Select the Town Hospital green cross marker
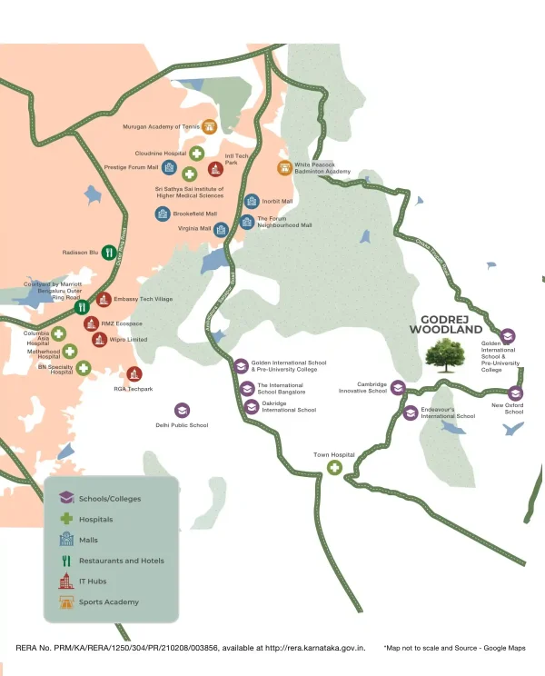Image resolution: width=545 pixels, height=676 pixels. (334, 468)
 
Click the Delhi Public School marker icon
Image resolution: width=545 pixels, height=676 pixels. (182, 411)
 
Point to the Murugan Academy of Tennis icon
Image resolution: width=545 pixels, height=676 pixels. (210, 127)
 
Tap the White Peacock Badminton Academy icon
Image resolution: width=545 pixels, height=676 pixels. (284, 167)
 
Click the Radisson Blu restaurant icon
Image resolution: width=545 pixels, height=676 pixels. (107, 252)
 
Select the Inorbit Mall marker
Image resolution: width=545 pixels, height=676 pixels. (251, 201)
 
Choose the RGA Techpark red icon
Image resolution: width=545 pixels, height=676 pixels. (134, 373)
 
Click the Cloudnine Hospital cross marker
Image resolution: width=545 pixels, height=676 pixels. (196, 154)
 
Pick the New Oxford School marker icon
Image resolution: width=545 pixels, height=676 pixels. (515, 393)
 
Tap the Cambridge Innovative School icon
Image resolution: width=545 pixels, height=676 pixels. (397, 388)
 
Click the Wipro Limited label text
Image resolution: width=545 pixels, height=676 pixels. (129, 340)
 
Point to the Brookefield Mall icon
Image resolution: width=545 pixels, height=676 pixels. (161, 214)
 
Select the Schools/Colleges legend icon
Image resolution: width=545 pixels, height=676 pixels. (65, 498)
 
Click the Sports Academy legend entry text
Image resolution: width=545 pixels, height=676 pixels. (109, 602)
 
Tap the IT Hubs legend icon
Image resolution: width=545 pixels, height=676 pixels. (65, 582)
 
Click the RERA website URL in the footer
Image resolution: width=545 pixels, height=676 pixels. (314, 648)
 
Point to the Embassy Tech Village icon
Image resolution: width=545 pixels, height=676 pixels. (104, 299)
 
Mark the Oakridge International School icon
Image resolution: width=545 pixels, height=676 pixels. (251, 406)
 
